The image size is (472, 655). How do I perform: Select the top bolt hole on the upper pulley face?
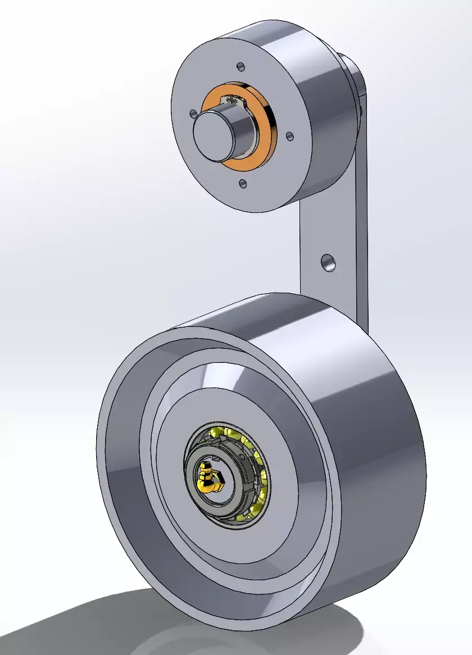tap(241, 67)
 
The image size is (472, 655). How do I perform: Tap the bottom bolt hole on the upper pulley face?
tap(242, 183)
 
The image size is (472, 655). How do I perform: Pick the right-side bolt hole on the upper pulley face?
tap(289, 136)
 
